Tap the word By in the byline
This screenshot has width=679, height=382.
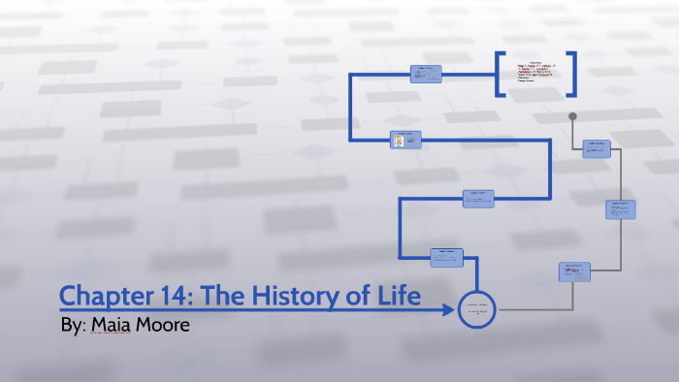coord(73,325)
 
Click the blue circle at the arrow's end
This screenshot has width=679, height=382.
coord(477,310)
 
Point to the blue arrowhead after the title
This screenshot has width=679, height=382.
coord(448,310)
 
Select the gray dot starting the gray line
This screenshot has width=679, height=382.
coord(572,116)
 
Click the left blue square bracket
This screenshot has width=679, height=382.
coord(500,74)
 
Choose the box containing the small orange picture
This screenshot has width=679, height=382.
coord(404,141)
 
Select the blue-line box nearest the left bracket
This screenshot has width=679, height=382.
coord(426,73)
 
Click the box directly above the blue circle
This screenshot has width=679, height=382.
coord(446,257)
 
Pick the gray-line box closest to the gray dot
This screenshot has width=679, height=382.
coord(596,148)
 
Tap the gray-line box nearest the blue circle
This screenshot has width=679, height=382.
coord(573,271)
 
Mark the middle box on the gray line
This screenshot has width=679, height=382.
coord(620,209)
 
